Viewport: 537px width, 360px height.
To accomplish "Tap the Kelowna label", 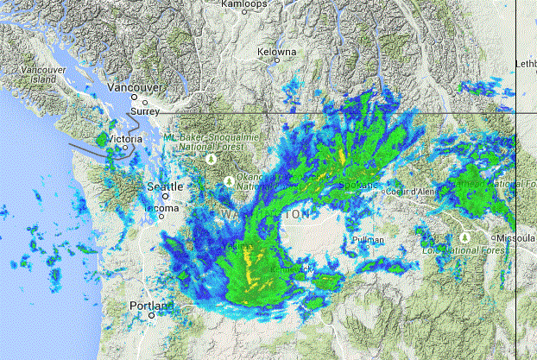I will click(277, 52).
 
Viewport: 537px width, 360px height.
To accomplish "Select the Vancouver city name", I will click(136, 88).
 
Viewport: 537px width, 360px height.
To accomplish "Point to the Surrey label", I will click(148, 112).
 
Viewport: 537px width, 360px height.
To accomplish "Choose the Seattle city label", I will click(164, 186).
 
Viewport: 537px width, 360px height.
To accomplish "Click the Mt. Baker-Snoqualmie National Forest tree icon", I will click(211, 160).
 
